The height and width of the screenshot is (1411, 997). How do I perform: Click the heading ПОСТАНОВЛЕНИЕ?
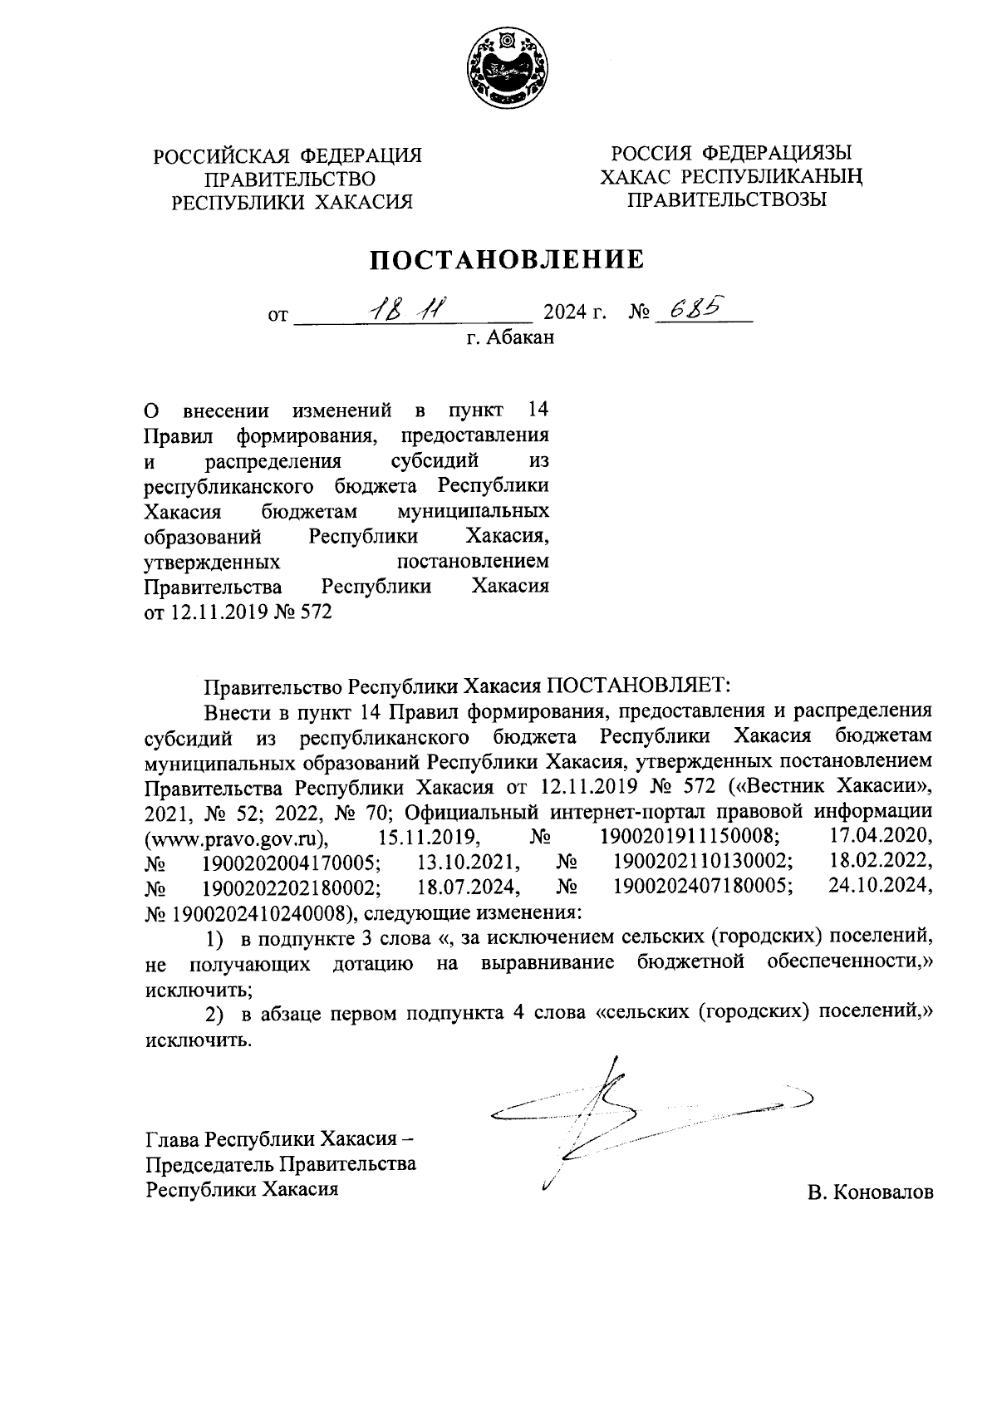[x=507, y=260]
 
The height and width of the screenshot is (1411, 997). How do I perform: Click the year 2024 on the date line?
[x=563, y=315]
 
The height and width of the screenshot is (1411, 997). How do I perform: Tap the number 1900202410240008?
[x=258, y=913]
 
